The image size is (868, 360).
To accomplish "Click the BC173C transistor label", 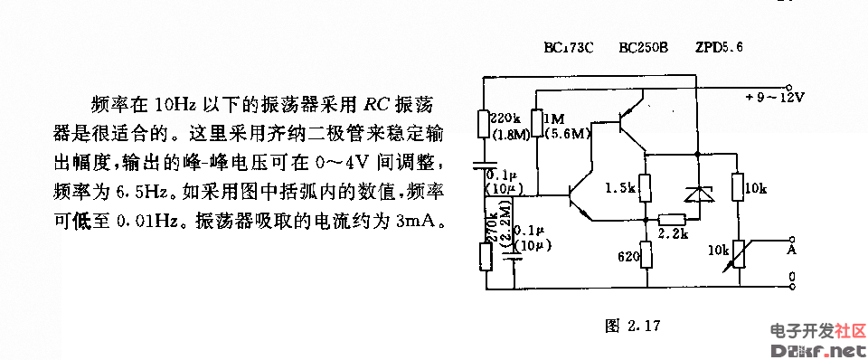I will pyautogui.click(x=568, y=47).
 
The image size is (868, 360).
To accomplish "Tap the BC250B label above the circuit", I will pyautogui.click(x=643, y=47).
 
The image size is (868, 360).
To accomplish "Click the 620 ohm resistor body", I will pyautogui.click(x=646, y=255).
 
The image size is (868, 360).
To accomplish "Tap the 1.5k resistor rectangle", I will pyautogui.click(x=646, y=189).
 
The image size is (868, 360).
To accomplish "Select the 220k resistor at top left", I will pyautogui.click(x=484, y=123).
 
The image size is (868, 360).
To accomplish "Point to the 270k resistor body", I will pyautogui.click(x=485, y=256).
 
